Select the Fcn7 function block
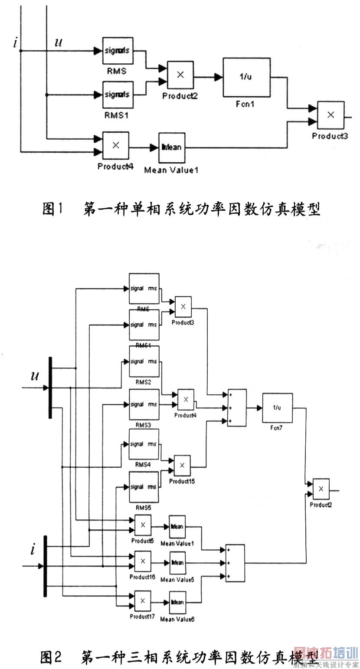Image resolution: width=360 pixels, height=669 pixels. point(277,408)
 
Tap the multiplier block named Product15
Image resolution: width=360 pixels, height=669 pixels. point(182,465)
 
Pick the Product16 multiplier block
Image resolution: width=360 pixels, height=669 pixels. point(142,561)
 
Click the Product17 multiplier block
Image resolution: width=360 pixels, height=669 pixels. point(142,601)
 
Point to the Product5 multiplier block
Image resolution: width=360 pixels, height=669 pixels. point(142,525)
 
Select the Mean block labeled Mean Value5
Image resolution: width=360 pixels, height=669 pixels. point(177,562)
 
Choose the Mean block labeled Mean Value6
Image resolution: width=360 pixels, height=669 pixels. point(177,602)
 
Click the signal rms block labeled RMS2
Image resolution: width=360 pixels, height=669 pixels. point(144,361)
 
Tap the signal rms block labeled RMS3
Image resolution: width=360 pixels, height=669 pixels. point(144,404)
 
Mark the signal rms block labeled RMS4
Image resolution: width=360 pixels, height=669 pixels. point(144,444)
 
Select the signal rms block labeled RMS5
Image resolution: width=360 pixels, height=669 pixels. point(144,487)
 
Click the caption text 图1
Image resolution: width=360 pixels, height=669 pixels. point(52,210)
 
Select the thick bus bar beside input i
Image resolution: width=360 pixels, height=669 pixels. point(45,566)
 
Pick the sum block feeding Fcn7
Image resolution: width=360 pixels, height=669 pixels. point(237,408)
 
